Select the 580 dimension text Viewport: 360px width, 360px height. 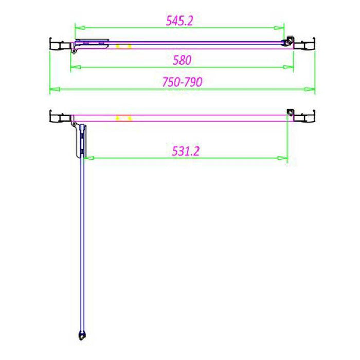[x=183, y=60]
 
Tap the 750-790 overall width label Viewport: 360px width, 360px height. [x=183, y=82]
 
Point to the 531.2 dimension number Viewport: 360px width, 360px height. [x=185, y=151]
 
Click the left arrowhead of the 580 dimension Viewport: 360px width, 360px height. [x=73, y=67]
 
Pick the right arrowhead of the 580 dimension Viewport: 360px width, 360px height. [x=291, y=67]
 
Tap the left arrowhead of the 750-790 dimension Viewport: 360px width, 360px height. [x=52, y=89]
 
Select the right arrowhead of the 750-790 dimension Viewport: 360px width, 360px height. [x=312, y=89]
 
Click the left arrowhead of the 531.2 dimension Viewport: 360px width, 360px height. [x=87, y=158]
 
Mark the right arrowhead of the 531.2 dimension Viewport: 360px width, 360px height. [x=284, y=158]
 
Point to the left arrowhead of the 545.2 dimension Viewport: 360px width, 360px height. [x=78, y=27]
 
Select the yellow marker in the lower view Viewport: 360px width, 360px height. [x=124, y=118]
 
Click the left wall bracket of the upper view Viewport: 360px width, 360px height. [x=58, y=45]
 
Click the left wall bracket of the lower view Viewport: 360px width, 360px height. [x=58, y=117]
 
